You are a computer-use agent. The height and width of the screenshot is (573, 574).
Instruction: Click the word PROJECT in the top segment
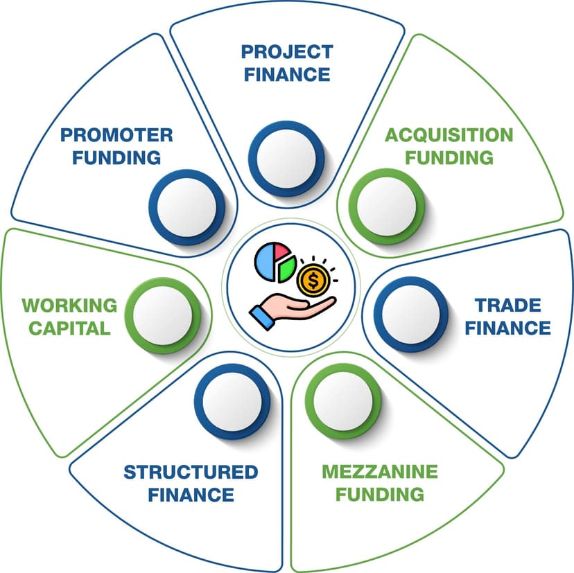tap(287, 52)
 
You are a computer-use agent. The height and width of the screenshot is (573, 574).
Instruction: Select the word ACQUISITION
tap(449, 134)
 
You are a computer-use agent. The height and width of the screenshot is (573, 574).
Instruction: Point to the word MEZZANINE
tap(379, 472)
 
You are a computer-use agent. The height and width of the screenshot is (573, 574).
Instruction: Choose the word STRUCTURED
tap(191, 472)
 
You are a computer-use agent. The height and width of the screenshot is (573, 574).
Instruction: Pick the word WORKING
tap(69, 305)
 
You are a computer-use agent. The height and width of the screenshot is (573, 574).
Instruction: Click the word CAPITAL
tap(66, 328)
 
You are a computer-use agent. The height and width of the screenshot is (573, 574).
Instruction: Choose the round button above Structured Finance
tap(229, 398)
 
